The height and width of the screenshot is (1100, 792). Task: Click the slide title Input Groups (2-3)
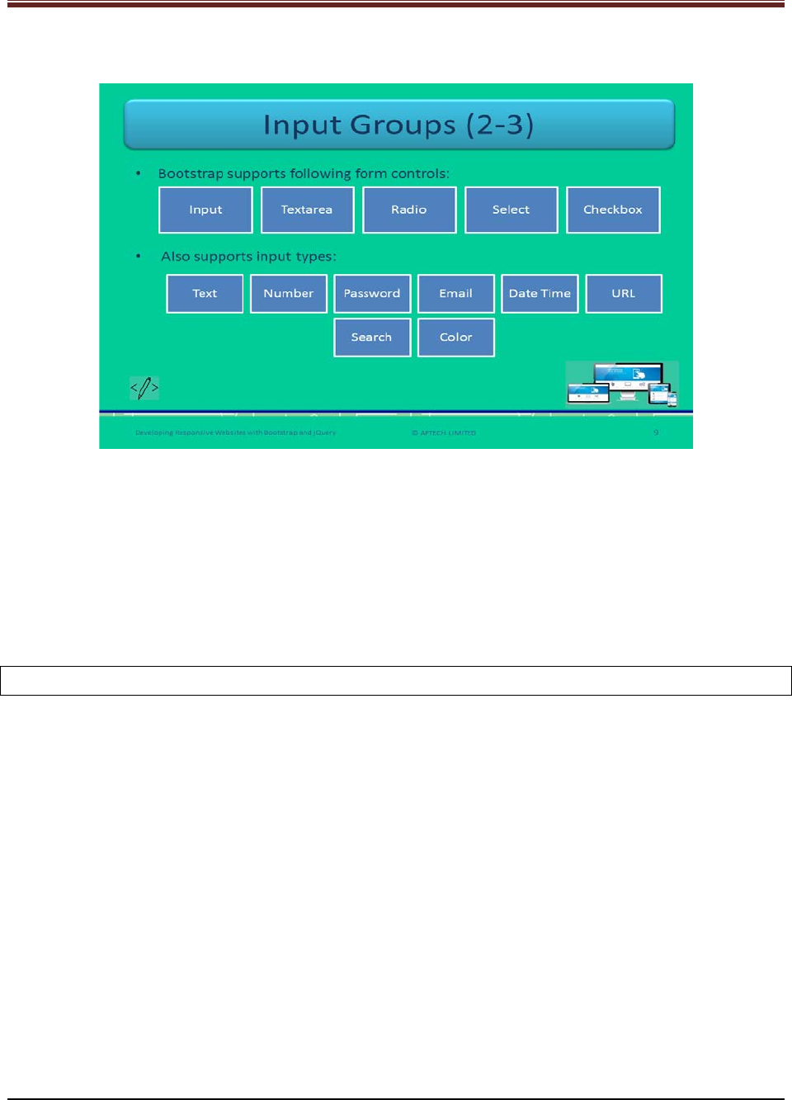point(398,125)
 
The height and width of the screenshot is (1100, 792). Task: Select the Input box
point(205,210)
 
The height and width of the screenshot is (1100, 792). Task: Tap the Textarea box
point(307,210)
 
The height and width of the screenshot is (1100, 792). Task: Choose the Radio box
point(409,210)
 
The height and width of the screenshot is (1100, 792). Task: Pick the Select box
point(511,210)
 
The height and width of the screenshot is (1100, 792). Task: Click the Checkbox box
point(613,210)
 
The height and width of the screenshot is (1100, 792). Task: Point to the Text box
point(205,294)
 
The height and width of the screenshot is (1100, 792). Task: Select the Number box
point(289,294)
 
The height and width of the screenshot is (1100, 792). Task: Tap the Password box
point(372,294)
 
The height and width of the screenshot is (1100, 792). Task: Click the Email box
point(455,294)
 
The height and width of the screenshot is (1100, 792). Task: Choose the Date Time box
point(540,294)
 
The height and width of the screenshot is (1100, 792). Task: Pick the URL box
point(624,294)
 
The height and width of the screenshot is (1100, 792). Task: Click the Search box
point(372,338)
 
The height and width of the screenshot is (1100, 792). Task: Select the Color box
point(455,338)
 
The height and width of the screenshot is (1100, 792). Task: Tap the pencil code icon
point(144,387)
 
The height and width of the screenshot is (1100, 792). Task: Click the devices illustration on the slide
point(622,384)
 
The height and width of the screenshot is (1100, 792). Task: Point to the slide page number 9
point(656,432)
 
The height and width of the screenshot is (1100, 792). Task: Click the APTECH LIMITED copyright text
point(445,432)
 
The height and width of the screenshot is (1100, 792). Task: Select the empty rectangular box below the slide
point(396,681)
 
